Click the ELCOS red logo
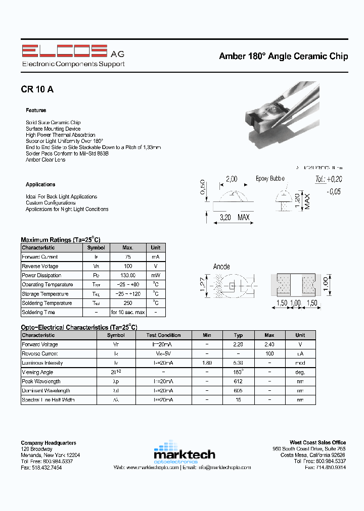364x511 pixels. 64,52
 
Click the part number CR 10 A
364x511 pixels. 37,89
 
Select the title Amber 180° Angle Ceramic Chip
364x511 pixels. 283,56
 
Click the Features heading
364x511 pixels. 36,110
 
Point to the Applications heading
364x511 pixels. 40,184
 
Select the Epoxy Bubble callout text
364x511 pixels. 270,179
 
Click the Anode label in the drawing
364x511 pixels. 221,267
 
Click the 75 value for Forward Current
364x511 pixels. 128,257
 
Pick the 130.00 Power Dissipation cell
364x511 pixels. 128,276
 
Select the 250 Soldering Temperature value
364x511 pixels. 128,303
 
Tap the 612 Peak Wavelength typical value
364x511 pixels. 238,381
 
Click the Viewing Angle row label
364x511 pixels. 37,372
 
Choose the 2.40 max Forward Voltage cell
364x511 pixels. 269,344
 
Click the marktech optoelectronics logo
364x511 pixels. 184,452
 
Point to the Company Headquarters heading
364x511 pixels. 49,443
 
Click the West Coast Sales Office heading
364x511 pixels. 317,443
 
